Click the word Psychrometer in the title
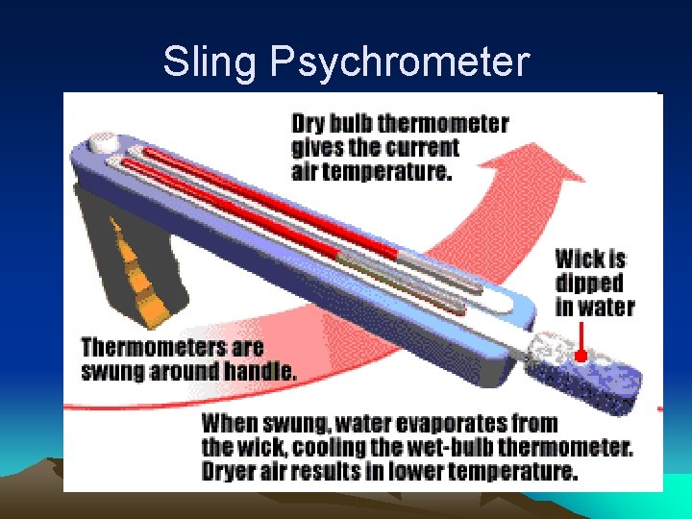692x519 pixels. coord(400,62)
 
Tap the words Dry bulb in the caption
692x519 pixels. coord(333,124)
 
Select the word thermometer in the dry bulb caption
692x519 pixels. coord(444,124)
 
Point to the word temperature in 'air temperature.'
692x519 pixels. coord(391,173)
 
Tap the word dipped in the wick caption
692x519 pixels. coord(588,284)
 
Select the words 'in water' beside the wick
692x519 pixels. coord(594,308)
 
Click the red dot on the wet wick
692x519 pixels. coord(580,355)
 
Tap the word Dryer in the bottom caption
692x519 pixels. coord(232,472)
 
